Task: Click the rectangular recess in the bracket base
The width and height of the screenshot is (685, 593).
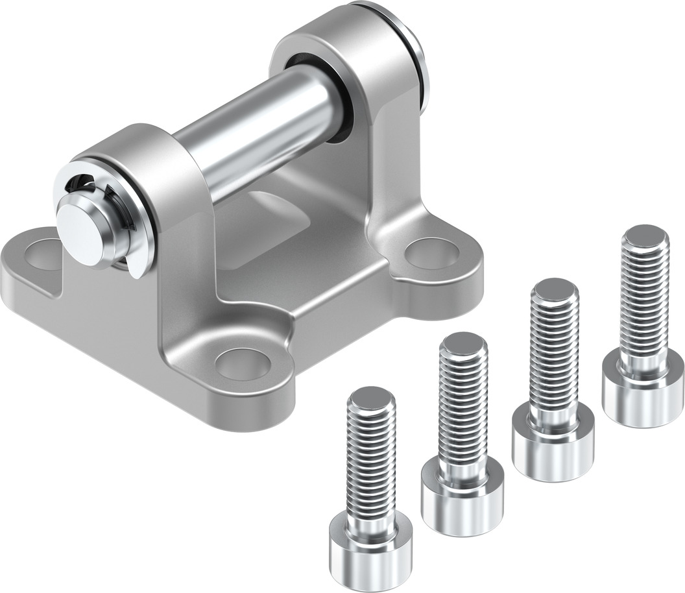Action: click(272, 214)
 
